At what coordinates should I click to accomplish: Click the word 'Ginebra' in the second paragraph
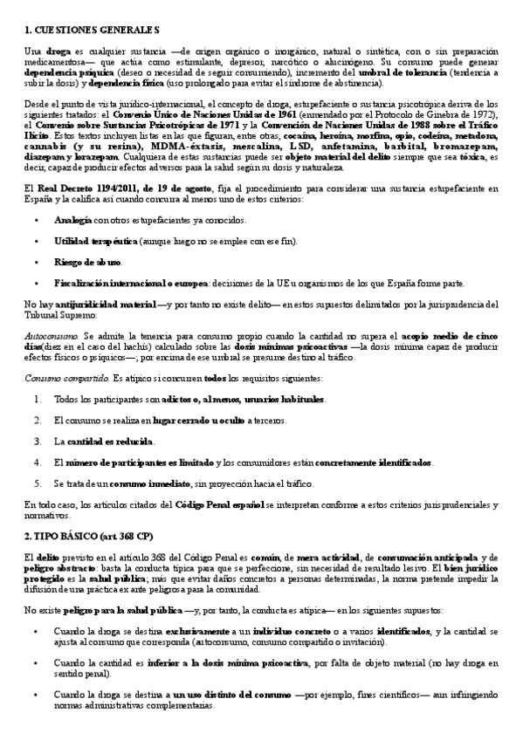click(x=452, y=115)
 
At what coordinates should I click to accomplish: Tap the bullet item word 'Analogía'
click(x=72, y=220)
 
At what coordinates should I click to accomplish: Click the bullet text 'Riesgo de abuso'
click(x=88, y=261)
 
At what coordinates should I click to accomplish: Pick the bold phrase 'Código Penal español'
click(x=217, y=504)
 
